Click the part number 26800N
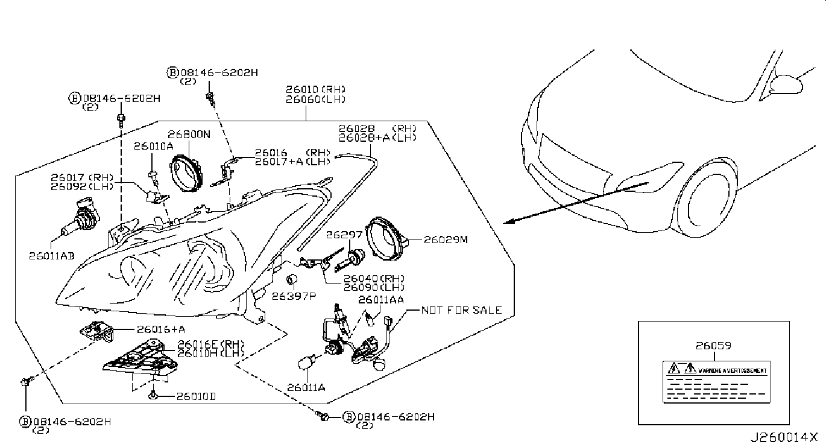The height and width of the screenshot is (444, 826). (x=189, y=135)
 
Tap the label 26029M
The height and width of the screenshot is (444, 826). (x=446, y=239)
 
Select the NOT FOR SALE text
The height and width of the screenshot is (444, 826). (x=461, y=310)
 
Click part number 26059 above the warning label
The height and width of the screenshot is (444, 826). (x=713, y=346)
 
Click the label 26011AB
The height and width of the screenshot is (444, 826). (x=52, y=255)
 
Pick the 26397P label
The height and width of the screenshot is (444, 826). (x=294, y=296)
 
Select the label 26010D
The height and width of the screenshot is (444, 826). (x=196, y=396)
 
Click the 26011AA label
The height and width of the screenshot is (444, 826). (x=381, y=299)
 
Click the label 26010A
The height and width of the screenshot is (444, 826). (x=153, y=145)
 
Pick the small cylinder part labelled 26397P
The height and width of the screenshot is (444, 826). (x=292, y=280)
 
